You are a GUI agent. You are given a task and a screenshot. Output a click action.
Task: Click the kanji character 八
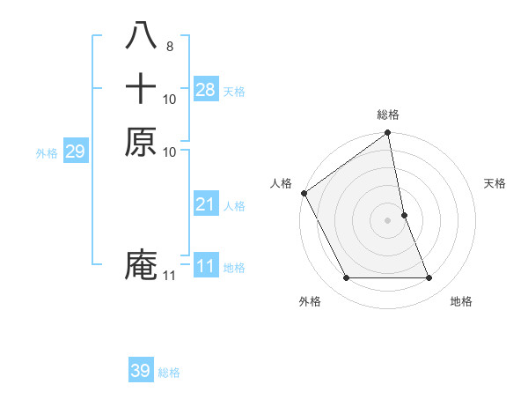pos(141,36)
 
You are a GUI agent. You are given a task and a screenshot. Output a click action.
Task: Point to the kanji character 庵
pos(141,265)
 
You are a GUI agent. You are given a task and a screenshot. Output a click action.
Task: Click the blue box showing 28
pos(206,89)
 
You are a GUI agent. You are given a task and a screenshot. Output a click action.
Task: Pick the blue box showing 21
pos(206,204)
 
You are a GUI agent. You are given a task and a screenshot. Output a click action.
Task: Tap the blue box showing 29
pos(75,152)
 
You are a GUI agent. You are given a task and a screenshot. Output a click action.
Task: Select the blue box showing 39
pos(141,371)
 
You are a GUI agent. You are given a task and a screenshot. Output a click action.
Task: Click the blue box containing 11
pos(206,266)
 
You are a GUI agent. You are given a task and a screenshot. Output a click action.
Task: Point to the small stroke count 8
pos(169,44)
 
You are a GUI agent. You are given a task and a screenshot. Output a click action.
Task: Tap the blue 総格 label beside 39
pos(169,373)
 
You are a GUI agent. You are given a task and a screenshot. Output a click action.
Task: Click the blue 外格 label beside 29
pos(47,153)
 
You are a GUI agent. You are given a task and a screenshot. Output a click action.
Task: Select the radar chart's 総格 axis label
pos(388,115)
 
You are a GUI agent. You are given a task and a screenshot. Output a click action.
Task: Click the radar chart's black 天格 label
pos(495,183)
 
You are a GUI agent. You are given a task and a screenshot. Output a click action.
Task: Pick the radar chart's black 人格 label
pos(281,183)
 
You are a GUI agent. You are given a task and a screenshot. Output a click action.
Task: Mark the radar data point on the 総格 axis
pos(388,134)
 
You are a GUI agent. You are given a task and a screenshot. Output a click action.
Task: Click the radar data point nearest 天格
pos(404,215)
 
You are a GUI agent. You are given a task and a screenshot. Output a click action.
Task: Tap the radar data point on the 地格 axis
pos(429,278)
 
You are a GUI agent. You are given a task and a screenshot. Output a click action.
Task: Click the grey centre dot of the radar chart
pos(388,220)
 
